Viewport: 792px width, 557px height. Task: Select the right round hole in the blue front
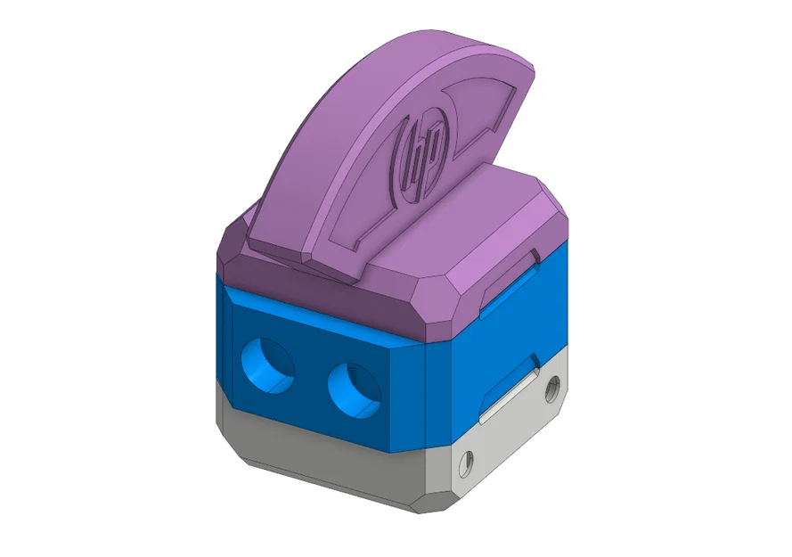coord(354,389)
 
